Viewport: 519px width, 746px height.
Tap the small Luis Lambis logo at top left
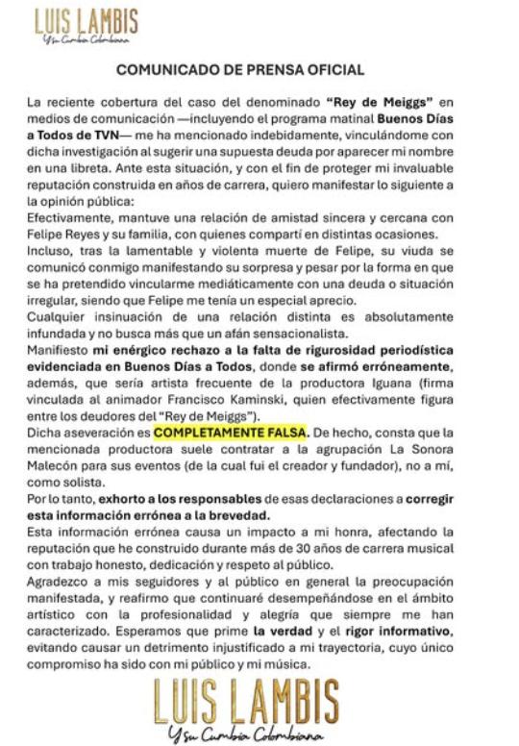[x=86, y=25]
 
